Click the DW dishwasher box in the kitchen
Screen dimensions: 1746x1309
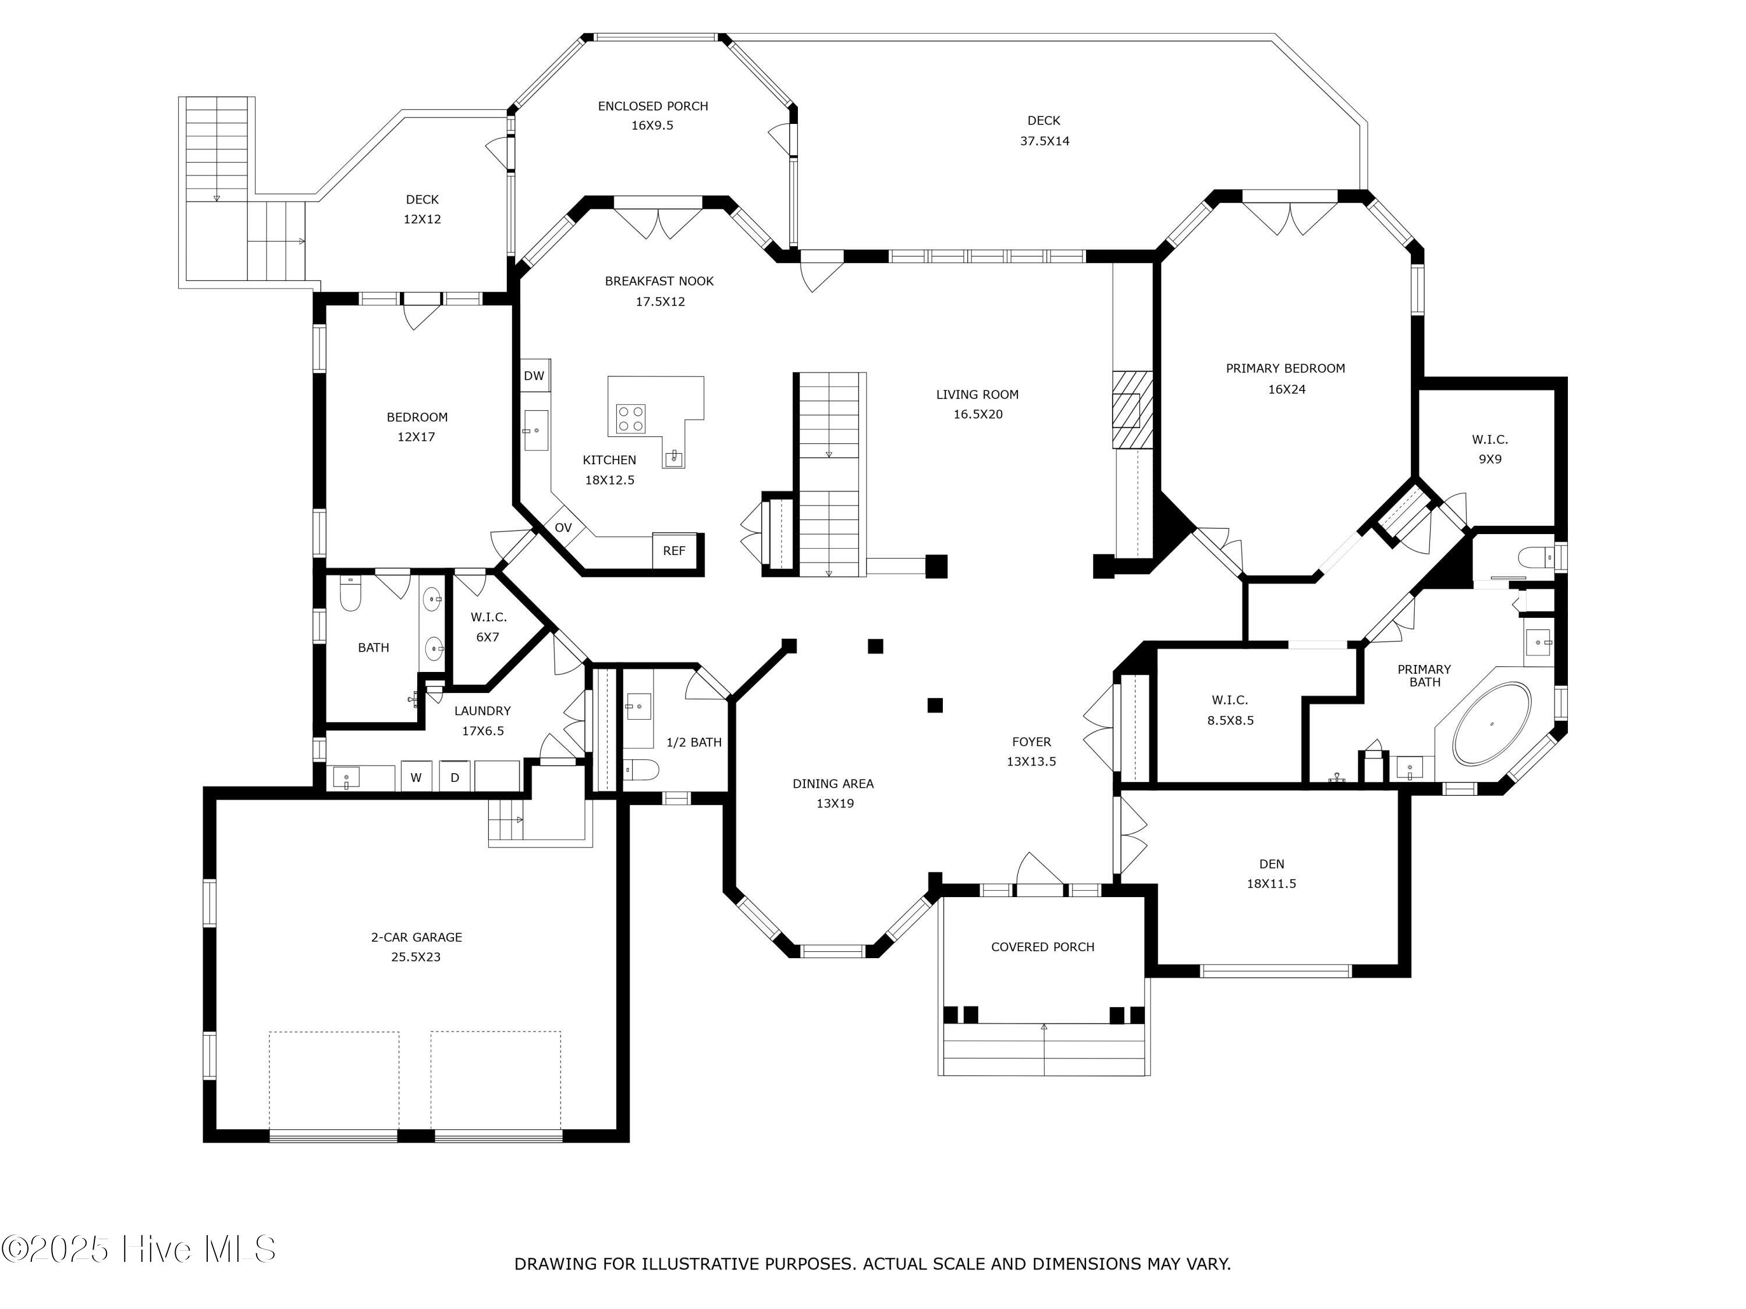point(534,376)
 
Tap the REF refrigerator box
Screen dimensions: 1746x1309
point(674,551)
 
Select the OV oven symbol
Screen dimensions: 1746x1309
point(563,528)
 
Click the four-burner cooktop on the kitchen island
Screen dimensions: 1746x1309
point(631,418)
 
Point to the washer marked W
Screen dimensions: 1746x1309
point(416,777)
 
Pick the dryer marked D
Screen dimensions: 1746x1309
point(455,777)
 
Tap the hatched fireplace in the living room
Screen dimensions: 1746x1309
point(1133,410)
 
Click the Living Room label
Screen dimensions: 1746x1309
point(977,394)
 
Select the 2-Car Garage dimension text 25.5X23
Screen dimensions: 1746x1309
point(416,957)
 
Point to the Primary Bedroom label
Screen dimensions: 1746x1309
point(1285,368)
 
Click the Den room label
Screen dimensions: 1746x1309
point(1272,864)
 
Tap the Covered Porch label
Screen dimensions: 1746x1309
point(1043,947)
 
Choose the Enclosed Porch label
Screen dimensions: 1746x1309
point(653,106)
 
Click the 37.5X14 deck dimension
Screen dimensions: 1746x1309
point(1044,141)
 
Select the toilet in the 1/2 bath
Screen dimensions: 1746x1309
point(641,769)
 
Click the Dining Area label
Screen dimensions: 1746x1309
point(833,784)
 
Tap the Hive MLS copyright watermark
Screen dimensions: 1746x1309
point(139,1249)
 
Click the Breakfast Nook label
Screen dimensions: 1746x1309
point(659,281)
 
